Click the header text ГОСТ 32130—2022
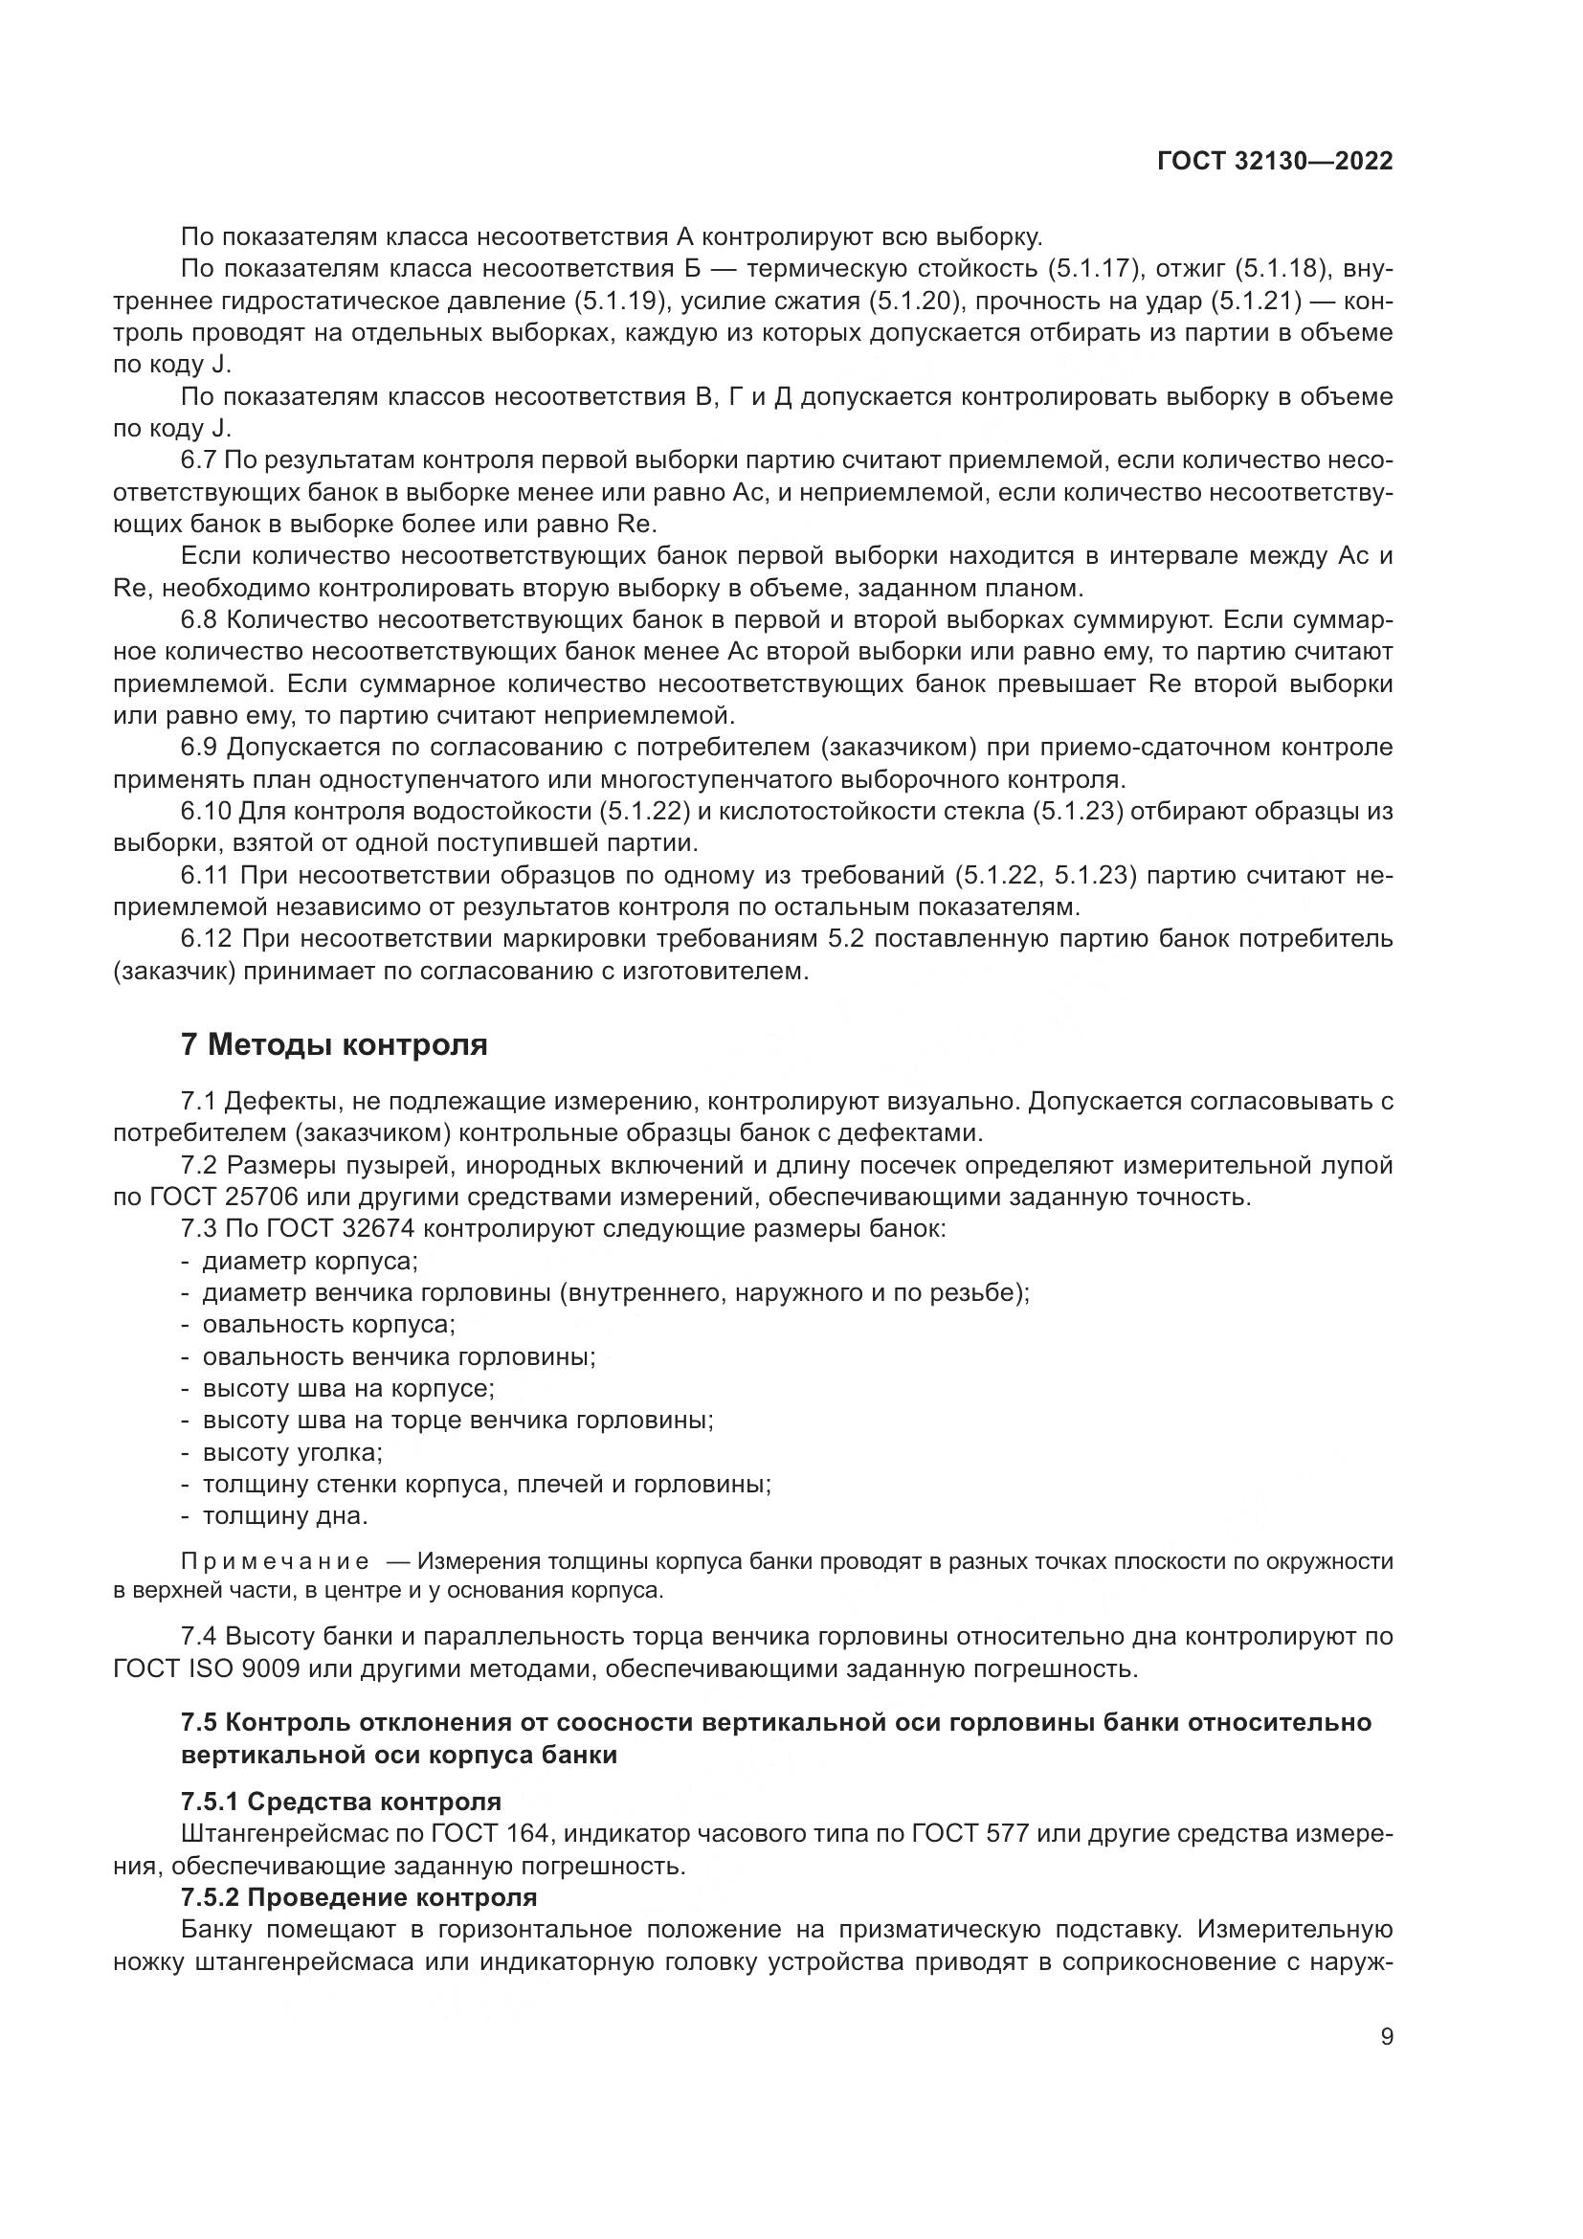1274,161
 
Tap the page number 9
1386,2036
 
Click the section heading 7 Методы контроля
334,1044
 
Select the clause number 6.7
205,460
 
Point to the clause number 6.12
207,939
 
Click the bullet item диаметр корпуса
309,1261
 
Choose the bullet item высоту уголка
292,1452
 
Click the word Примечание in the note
275,1561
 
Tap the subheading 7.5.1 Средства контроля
340,1802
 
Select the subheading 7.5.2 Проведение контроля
359,1897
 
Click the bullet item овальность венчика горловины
399,1356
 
